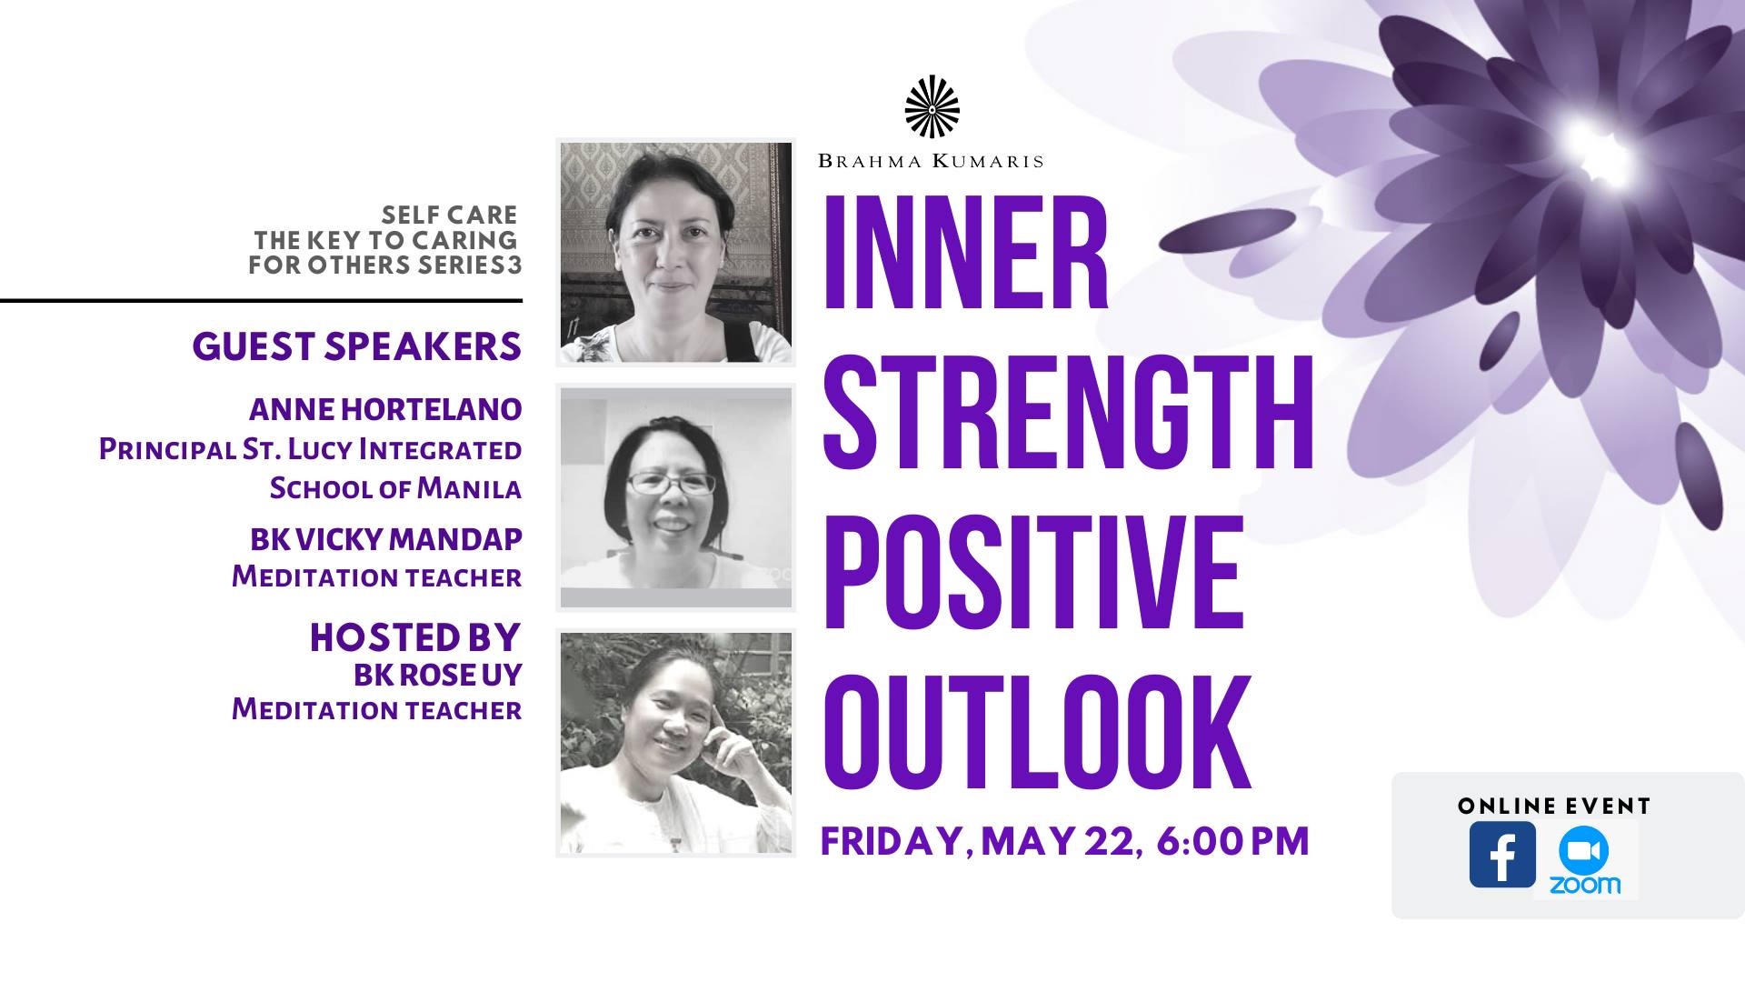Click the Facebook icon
pos(1502,855)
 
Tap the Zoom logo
pos(1585,860)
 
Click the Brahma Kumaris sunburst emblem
pos(932,107)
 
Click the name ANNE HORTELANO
pos(385,409)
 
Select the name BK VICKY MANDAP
pos(386,539)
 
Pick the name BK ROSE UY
pos(438,675)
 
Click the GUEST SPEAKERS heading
pos(357,346)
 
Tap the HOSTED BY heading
pos(415,637)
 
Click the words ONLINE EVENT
pos(1554,806)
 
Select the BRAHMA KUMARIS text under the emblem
pos(931,161)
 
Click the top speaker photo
pos(675,252)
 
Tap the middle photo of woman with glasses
pos(675,497)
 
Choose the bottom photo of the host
pos(675,743)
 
